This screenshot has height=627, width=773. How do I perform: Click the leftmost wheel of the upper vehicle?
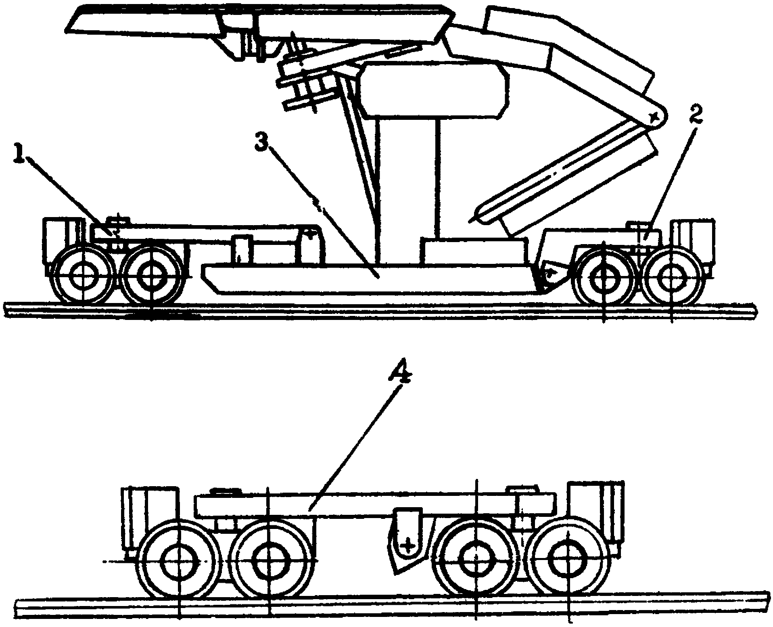coord(84,275)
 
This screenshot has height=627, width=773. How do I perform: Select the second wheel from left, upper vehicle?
coord(151,275)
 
